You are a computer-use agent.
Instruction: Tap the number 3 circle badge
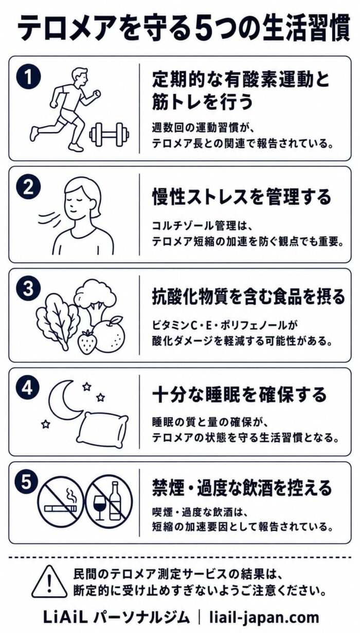(28, 290)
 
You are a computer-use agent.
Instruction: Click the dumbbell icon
(109, 134)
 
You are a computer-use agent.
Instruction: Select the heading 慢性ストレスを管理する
(241, 197)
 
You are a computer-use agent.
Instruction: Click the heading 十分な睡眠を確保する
(239, 395)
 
